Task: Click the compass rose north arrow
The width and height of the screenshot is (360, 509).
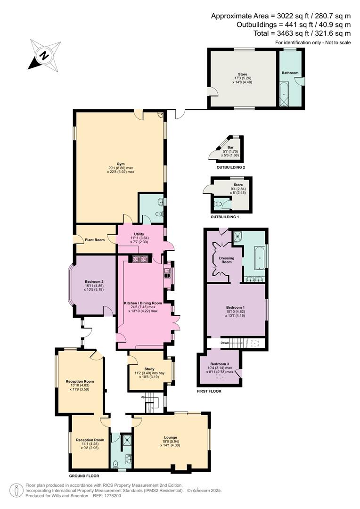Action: coord(44,55)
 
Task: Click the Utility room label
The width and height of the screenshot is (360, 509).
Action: coord(139,234)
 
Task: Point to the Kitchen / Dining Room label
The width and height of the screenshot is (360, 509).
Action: coord(143,303)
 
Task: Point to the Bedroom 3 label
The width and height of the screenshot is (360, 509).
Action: coord(220,364)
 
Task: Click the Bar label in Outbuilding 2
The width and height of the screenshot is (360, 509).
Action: coord(230,148)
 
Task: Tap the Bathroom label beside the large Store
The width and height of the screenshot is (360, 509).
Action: coord(290,73)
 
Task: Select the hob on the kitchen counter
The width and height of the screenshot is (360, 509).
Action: coord(139,259)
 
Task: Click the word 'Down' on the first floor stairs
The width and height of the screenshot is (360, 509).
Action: coord(225,343)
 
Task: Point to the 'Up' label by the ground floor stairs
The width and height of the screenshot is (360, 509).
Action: coord(143,397)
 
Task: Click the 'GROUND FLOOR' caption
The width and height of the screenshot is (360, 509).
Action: coord(83,476)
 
